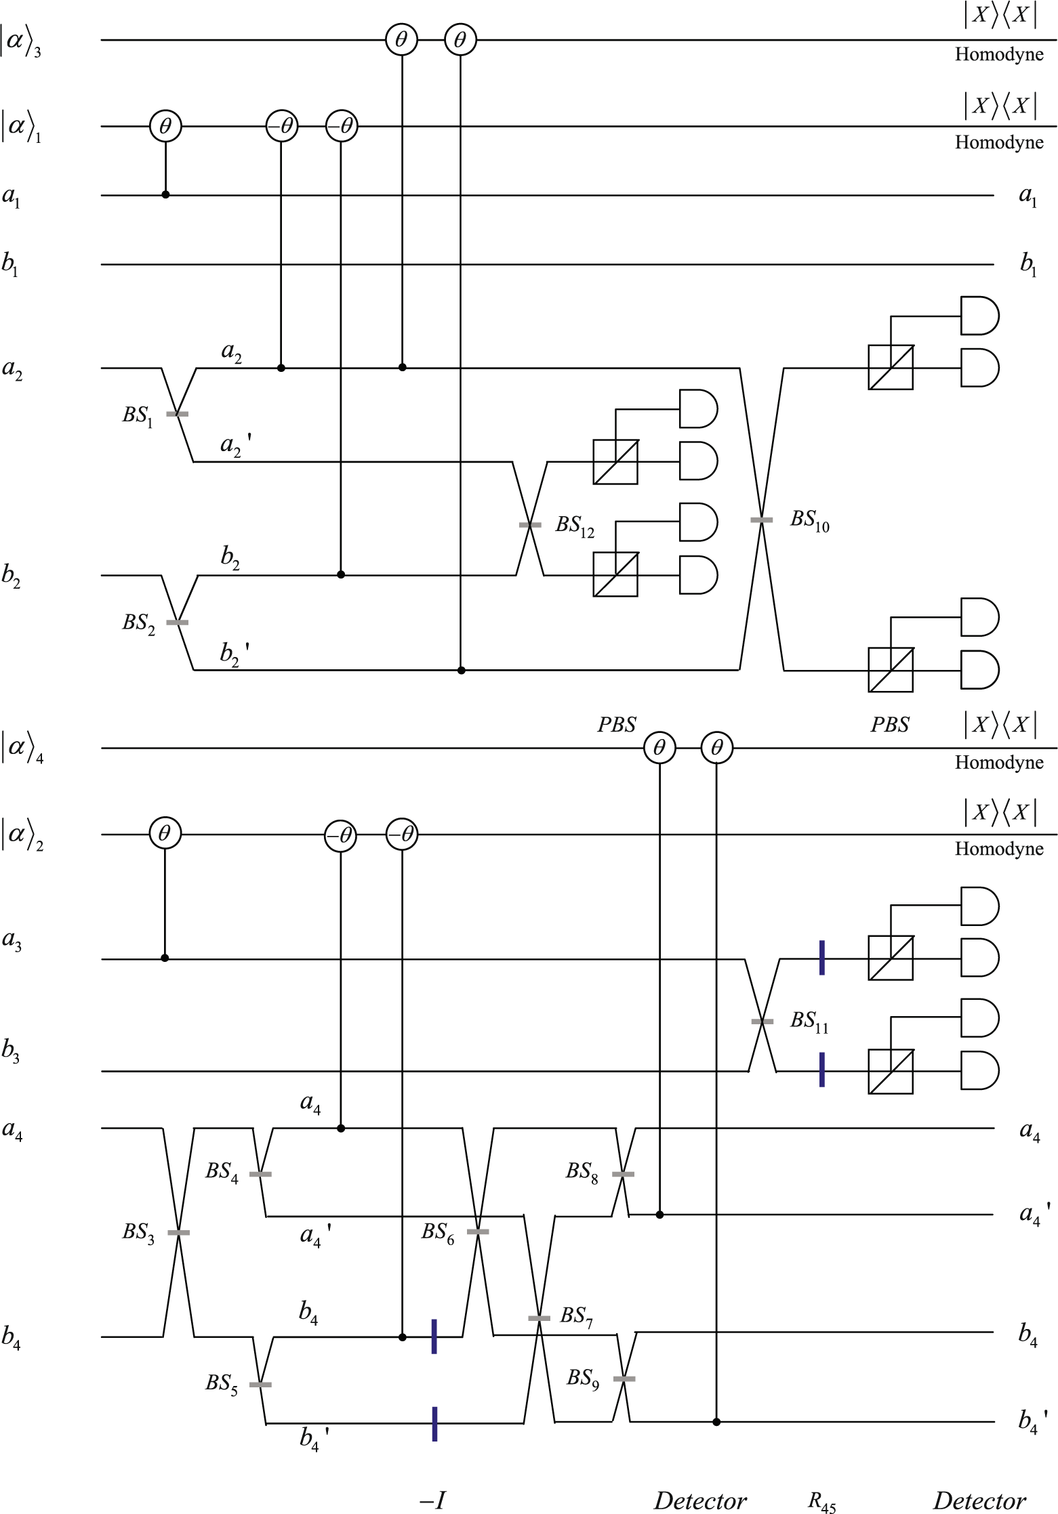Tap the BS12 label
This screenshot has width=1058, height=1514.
pos(575,526)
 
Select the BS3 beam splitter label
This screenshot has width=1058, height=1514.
pos(138,1232)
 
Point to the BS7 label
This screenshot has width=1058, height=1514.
pos(576,1316)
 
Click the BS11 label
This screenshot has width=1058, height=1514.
pos(809,1022)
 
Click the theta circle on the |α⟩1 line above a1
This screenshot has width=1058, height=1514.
pos(165,126)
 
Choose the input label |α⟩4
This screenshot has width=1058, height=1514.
pos(22,748)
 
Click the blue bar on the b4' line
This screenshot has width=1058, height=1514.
pos(434,1423)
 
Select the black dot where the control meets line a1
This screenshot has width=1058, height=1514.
pos(165,195)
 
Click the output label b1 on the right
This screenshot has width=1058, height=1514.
pos(1028,264)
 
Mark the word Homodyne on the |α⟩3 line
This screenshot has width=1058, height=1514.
pos(998,55)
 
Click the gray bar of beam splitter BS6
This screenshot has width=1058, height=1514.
pos(478,1232)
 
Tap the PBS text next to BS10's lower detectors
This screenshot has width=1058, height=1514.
pos(889,725)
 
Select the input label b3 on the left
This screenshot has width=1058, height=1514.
pos(11,1049)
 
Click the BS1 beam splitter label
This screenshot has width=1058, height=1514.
pos(138,415)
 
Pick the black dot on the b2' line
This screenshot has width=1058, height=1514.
pos(462,670)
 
